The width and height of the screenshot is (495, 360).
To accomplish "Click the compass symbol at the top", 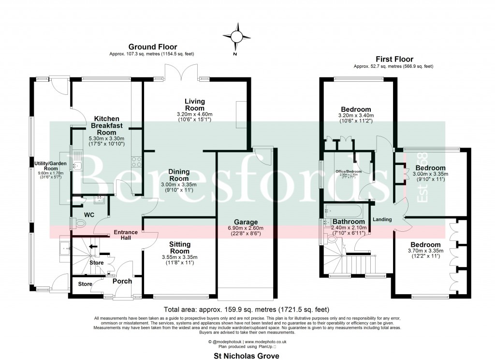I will pyautogui.click(x=235, y=36).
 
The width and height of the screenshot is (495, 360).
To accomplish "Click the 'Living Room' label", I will pyautogui.click(x=195, y=105).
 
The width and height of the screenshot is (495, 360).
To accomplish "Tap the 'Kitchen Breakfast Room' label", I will pyautogui.click(x=106, y=125).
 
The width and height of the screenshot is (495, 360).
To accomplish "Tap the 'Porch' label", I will pyautogui.click(x=122, y=281).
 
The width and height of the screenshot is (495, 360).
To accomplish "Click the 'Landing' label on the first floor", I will pyautogui.click(x=382, y=219).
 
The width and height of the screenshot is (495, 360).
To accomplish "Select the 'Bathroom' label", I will pyautogui.click(x=348, y=222).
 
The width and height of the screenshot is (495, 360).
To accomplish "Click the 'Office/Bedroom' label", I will pyautogui.click(x=349, y=172).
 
